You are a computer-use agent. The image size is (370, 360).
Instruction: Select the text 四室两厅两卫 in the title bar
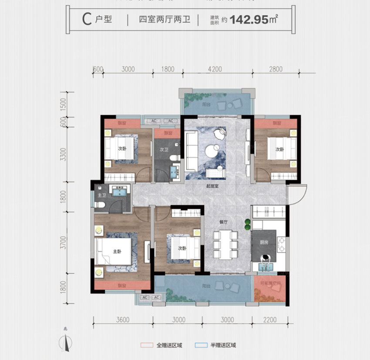(x=165, y=20)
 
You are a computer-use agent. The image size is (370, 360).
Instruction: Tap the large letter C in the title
(x=87, y=20)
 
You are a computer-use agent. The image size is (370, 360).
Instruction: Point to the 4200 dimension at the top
(x=215, y=69)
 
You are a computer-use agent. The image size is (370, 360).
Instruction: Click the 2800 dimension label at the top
(x=276, y=69)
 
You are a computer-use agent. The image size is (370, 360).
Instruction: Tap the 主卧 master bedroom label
(x=117, y=251)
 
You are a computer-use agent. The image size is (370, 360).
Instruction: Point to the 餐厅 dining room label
(x=224, y=222)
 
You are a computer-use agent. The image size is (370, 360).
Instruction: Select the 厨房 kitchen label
(x=264, y=243)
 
